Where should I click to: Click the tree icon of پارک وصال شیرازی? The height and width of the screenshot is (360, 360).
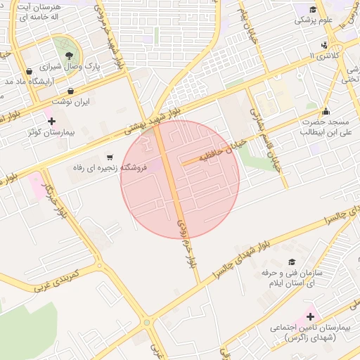(x=69, y=55)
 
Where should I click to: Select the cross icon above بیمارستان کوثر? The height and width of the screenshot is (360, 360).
(x=51, y=122)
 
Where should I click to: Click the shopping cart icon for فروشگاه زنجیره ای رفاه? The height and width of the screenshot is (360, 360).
(x=109, y=157)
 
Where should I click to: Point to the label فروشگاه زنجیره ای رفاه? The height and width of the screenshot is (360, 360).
(x=111, y=169)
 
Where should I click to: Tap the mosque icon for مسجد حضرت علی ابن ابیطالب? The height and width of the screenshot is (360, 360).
(x=325, y=112)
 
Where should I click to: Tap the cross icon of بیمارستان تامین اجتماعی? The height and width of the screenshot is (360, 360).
(x=310, y=317)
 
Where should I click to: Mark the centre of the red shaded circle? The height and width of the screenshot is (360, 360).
(x=180, y=179)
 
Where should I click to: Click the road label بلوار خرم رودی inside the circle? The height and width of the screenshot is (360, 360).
(x=185, y=229)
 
